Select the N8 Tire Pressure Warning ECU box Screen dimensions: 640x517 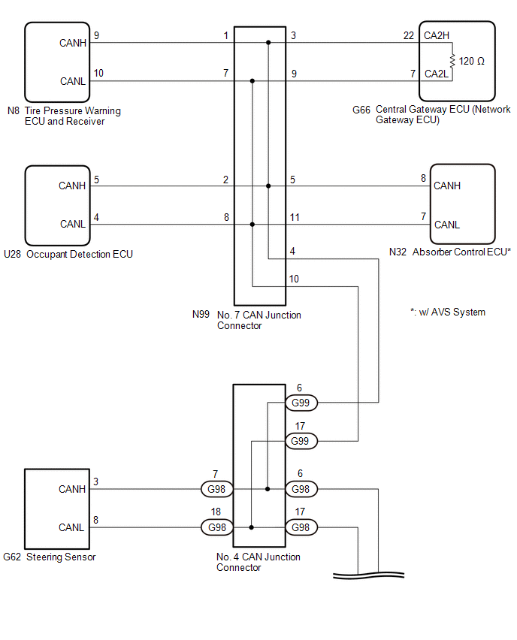tap(57, 62)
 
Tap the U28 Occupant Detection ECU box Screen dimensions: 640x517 tap(57, 205)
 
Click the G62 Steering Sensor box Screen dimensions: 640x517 tap(57, 509)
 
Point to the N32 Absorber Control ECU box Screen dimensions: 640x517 tap(462, 204)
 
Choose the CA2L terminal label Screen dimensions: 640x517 tap(436, 74)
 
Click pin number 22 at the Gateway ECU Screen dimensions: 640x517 tap(408, 35)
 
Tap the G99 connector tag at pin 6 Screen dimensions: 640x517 tap(301, 403)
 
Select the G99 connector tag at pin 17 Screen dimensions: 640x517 tap(301, 441)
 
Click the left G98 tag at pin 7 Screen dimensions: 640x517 tap(217, 489)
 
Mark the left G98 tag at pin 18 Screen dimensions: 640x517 tap(217, 527)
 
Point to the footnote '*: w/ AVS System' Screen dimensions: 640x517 tap(448, 312)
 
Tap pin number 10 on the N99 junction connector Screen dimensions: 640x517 tap(294, 279)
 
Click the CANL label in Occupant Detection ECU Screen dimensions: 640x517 tap(72, 224)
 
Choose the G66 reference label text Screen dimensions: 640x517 tap(361, 110)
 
